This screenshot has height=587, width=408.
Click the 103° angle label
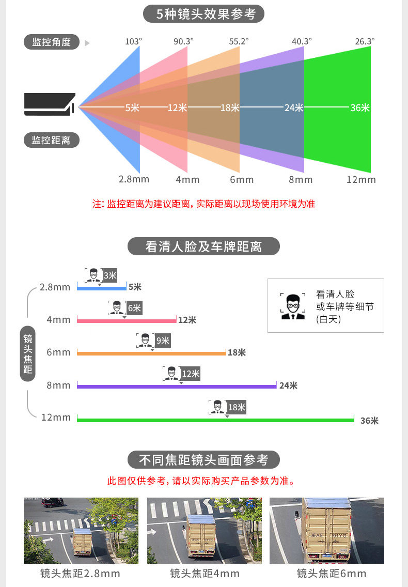pos(133,41)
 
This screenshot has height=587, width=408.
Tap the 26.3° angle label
pos(365,41)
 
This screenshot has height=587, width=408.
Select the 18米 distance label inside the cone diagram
pos(230,107)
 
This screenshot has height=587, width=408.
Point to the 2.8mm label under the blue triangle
pos(134,179)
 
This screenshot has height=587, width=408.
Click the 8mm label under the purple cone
pos(301,180)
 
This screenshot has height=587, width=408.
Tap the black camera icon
pos(50,103)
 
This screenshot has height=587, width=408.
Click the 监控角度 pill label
pos(51,42)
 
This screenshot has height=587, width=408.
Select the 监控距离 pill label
pos(51,140)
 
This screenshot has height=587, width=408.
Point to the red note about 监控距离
pos(203,204)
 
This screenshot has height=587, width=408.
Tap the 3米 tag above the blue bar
pos(110,275)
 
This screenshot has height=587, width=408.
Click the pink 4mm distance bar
pos(127,320)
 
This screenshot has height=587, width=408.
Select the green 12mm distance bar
pos(215,420)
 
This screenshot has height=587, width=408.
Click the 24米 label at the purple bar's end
pos(288,385)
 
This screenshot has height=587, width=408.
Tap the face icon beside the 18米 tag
pos(217,407)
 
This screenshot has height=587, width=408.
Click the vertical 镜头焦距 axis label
pos(28,354)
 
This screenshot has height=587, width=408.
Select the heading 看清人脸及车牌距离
pos(203,246)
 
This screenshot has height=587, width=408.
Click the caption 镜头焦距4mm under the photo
pos(205,574)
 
